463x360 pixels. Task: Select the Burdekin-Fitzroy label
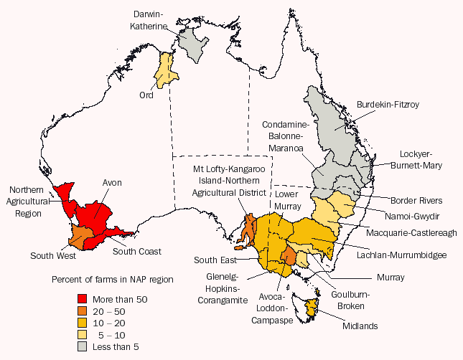388,104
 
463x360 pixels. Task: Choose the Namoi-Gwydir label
411,214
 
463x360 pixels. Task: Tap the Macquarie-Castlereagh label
411,232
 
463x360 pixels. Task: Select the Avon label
112,183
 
